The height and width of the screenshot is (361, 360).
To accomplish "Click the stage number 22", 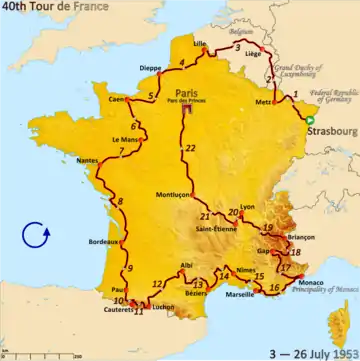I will coord(190,149).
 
